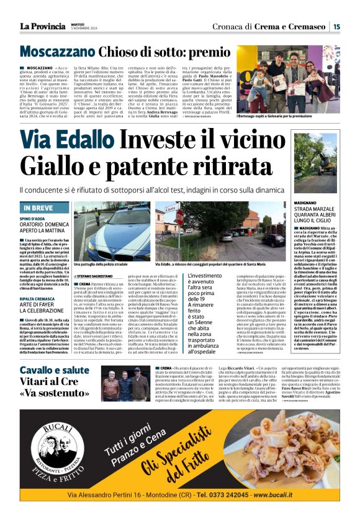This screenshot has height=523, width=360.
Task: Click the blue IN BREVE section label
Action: (x=38, y=207)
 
